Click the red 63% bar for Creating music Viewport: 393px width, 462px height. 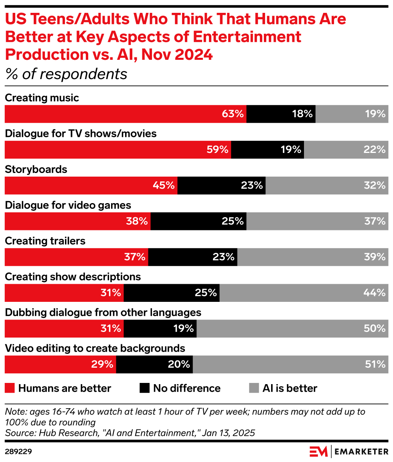(x=125, y=114)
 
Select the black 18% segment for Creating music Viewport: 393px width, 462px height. (x=281, y=114)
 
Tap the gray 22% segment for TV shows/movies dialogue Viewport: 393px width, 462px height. (x=346, y=150)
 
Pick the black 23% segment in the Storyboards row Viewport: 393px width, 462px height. (x=221, y=185)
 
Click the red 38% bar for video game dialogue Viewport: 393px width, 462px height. (x=77, y=221)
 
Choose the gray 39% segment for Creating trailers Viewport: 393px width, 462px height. (x=312, y=257)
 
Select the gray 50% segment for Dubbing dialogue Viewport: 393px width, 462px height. (x=292, y=328)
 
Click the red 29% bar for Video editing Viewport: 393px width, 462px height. (x=60, y=364)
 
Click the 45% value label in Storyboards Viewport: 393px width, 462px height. (x=164, y=185)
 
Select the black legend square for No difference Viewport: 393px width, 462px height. (x=144, y=388)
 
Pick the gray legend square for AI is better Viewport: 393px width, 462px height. (x=254, y=388)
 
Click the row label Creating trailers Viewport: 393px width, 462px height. (x=45, y=241)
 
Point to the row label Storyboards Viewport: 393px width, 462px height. (x=36, y=169)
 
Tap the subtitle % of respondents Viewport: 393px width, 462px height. (x=66, y=74)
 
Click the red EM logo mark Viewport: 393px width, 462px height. (x=318, y=451)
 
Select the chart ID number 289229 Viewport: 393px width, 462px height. (x=18, y=452)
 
